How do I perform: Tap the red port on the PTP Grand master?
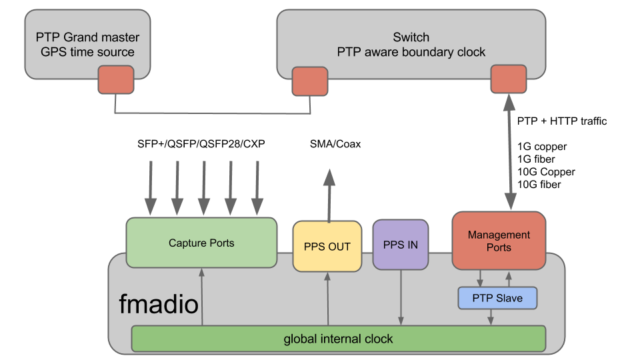point(115,80)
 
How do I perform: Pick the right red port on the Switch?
point(508,79)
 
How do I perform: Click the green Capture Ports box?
point(201,243)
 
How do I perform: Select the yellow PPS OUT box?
point(327,247)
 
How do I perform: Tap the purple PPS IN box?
point(401,245)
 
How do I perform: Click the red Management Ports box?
point(499,241)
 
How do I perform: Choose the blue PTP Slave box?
point(498,297)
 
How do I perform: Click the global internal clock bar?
point(338,339)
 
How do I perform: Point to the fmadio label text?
point(159,305)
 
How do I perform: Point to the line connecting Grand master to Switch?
point(213,113)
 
